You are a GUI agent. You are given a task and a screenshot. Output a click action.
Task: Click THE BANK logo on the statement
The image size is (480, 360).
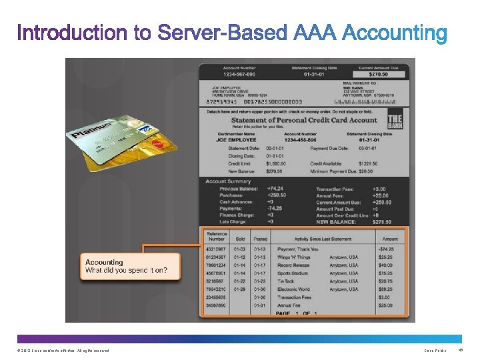pyautogui.click(x=395, y=123)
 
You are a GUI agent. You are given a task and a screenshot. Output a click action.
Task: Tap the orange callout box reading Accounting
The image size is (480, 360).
pyautogui.click(x=129, y=267)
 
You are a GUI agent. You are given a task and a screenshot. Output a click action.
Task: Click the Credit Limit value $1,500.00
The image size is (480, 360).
pyautogui.click(x=275, y=163)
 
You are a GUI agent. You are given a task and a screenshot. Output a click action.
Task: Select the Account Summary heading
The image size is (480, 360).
pyautogui.click(x=228, y=181)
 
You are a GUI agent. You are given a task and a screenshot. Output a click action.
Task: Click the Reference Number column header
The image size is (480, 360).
pyautogui.click(x=217, y=237)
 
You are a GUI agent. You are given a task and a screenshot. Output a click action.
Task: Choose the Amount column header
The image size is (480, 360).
pyautogui.click(x=390, y=239)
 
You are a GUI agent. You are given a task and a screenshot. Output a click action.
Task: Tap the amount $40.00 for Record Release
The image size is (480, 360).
pyautogui.click(x=385, y=265)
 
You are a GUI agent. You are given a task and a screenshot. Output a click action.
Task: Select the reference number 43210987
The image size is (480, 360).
pyautogui.click(x=216, y=249)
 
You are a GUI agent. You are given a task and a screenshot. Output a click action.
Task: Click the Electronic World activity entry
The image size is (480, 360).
pyautogui.click(x=294, y=289)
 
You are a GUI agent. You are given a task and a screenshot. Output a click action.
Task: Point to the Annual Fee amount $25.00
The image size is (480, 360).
pyautogui.click(x=385, y=305)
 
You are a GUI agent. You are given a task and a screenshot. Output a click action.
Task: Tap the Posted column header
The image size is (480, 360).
pyautogui.click(x=261, y=239)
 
